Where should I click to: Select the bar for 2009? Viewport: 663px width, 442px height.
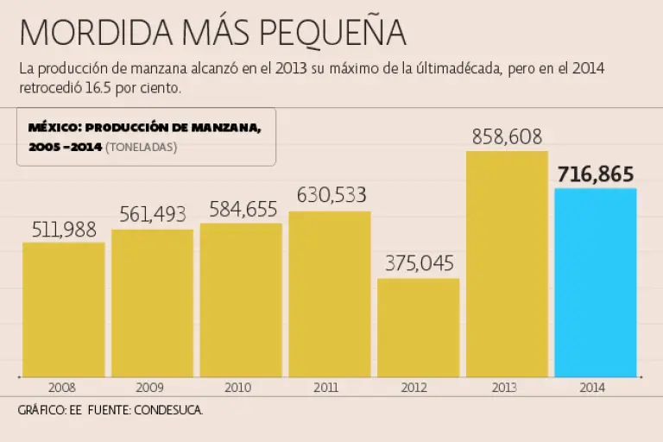tap(153, 303)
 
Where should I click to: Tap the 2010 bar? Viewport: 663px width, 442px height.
tap(241, 300)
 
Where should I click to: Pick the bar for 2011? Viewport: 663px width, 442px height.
tap(330, 294)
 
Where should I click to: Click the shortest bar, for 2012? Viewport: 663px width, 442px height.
tap(419, 327)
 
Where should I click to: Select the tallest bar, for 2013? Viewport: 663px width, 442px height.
tap(507, 263)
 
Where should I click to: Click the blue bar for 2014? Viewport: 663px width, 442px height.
tap(596, 282)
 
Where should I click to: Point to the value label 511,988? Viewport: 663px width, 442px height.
tap(64, 230)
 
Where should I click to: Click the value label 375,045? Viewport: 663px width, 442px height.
tap(419, 263)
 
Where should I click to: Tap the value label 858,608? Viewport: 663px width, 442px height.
tap(508, 136)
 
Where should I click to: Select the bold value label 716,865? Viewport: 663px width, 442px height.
tap(596, 174)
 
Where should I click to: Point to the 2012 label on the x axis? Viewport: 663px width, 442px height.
tap(419, 388)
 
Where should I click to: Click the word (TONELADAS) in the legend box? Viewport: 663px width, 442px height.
tap(141, 148)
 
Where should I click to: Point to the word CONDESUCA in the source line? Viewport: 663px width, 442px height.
tap(167, 410)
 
